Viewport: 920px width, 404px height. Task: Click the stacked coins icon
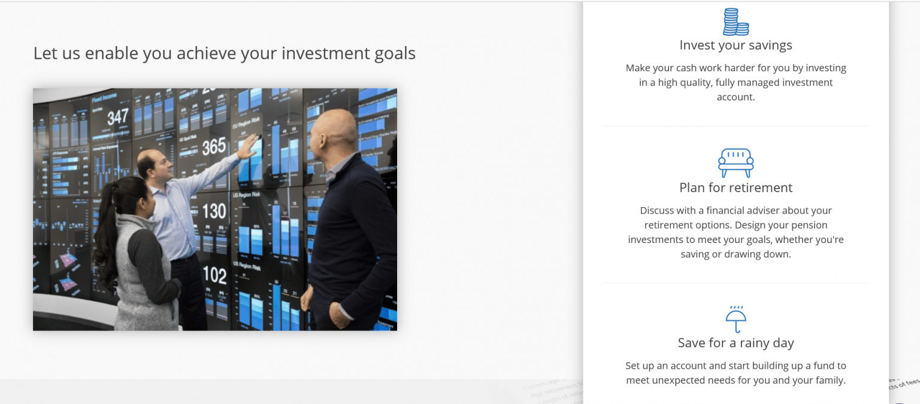point(736,22)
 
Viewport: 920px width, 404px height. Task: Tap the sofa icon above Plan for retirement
point(736,162)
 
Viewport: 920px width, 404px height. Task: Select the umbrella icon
point(736,320)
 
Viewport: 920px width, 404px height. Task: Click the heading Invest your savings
point(736,45)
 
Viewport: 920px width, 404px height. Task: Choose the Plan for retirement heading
point(736,188)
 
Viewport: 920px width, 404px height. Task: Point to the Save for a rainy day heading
point(736,343)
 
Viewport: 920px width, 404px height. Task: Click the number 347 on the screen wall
point(117,117)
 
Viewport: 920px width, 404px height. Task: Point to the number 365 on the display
point(214,146)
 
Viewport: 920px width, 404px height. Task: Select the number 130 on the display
point(214,211)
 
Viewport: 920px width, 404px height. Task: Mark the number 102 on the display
point(214,275)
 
